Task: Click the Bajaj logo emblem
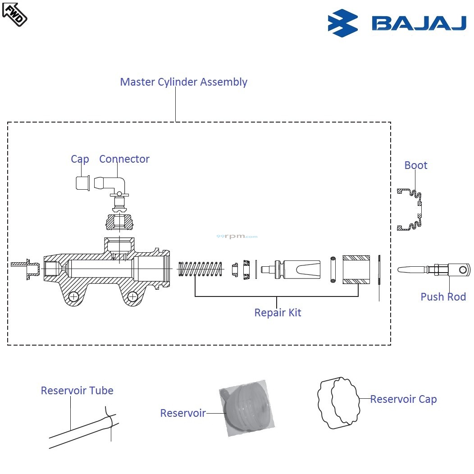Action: (342, 23)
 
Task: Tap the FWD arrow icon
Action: (14, 14)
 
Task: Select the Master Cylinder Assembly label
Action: (183, 82)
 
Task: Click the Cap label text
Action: (80, 159)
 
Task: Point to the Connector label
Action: (124, 159)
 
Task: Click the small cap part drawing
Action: (82, 183)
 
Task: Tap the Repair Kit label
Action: (278, 313)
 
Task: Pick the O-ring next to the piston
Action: (333, 269)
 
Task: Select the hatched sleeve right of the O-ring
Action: (356, 269)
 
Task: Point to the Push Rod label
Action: (443, 297)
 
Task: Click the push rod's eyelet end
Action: (461, 270)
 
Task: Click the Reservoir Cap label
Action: (403, 399)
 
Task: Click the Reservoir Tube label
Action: (77, 391)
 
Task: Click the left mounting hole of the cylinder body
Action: (73, 296)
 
